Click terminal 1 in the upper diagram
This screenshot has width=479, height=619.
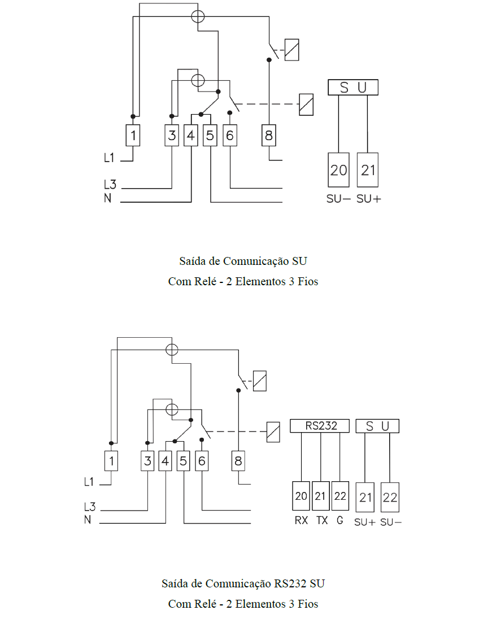[x=133, y=136]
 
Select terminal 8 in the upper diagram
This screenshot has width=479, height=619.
[x=269, y=136]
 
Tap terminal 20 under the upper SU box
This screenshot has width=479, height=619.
[x=338, y=170]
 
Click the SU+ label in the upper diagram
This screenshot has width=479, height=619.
[x=368, y=199]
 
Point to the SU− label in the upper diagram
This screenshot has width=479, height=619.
[x=338, y=199]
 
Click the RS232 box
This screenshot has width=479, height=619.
[x=320, y=426]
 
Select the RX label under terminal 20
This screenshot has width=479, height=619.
[x=301, y=520]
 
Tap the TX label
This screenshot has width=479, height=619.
[x=322, y=520]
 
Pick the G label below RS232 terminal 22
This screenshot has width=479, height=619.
[x=340, y=520]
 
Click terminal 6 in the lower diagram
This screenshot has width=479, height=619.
[x=202, y=461]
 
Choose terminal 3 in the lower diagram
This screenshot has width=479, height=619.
[x=147, y=461]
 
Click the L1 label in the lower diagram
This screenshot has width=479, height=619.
[x=89, y=482]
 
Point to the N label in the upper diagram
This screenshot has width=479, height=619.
[x=107, y=198]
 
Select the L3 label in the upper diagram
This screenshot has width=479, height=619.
[x=110, y=184]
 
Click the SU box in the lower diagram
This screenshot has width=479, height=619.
[x=377, y=426]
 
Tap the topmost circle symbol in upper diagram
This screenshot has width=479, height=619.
[x=198, y=16]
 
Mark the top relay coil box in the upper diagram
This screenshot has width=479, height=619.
[x=292, y=50]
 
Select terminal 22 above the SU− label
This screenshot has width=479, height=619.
[x=390, y=498]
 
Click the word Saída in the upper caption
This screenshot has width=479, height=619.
[x=193, y=261]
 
